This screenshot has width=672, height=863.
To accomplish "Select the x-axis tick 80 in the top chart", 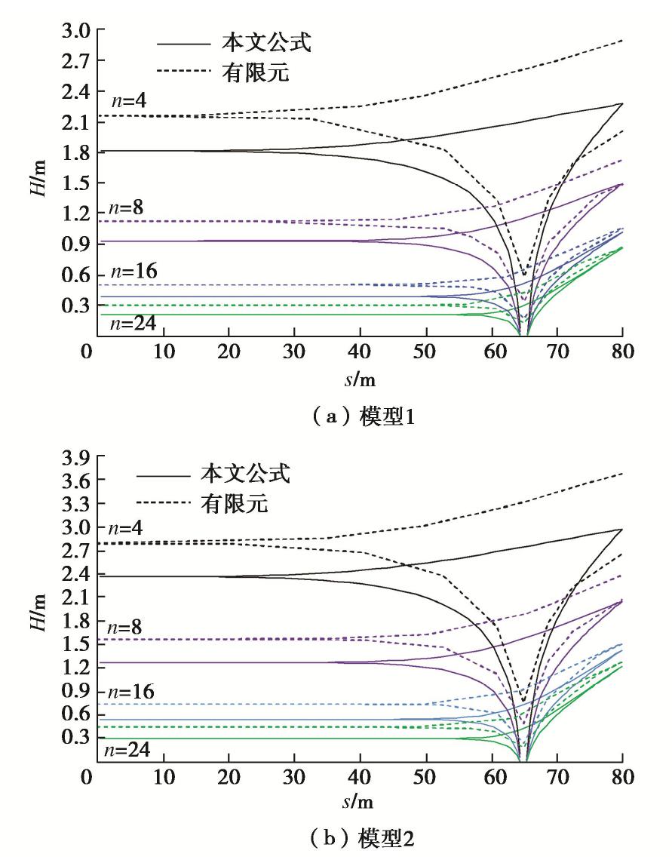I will tap(621, 352).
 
